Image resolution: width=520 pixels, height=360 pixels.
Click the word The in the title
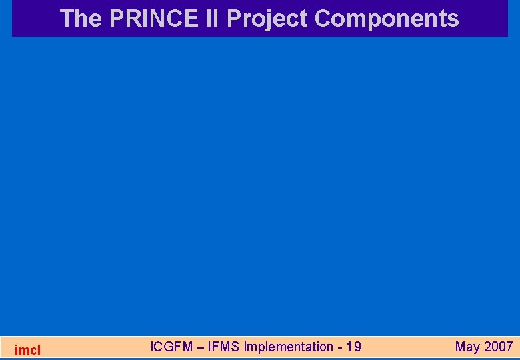(x=81, y=19)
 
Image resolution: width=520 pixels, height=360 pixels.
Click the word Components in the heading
(x=387, y=19)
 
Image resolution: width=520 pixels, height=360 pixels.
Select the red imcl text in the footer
(x=27, y=349)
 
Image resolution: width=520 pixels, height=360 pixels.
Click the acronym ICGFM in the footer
(x=172, y=347)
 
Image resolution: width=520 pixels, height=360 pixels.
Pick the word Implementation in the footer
(x=288, y=347)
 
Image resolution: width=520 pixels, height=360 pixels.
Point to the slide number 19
(x=353, y=347)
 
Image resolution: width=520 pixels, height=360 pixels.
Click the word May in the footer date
(x=467, y=347)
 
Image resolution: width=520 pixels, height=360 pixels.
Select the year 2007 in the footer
(x=499, y=347)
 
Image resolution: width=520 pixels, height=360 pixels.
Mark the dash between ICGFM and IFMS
(x=201, y=347)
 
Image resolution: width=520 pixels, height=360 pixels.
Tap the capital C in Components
(x=323, y=19)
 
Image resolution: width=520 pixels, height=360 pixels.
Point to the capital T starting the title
(x=67, y=19)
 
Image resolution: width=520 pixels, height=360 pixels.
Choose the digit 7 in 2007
(x=509, y=347)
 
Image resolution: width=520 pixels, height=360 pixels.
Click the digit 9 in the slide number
(x=357, y=347)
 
